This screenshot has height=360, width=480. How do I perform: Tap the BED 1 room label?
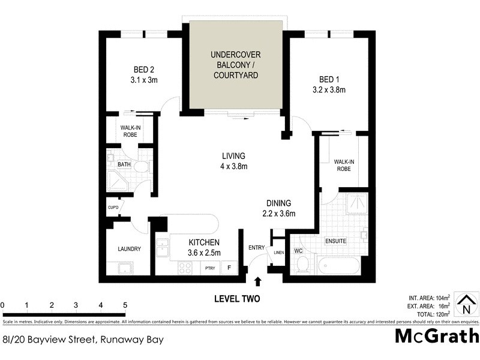pos(327,79)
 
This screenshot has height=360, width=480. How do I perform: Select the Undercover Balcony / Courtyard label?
pos(235,65)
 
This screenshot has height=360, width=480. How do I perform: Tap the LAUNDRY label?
pos(129,249)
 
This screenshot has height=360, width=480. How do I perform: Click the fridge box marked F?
pos(229,268)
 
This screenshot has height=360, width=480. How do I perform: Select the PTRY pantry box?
pos(210,268)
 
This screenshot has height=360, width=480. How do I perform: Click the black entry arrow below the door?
pos(258,281)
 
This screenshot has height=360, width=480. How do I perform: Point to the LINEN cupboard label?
pos(278,253)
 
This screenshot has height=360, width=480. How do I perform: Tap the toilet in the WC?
pos(303,263)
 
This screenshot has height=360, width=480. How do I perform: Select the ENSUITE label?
pos(335,241)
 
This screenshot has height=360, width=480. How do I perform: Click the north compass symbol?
pos(465,304)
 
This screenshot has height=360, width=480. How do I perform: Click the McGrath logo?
pos(436,337)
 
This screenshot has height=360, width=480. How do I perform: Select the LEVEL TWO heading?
pos(237,298)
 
